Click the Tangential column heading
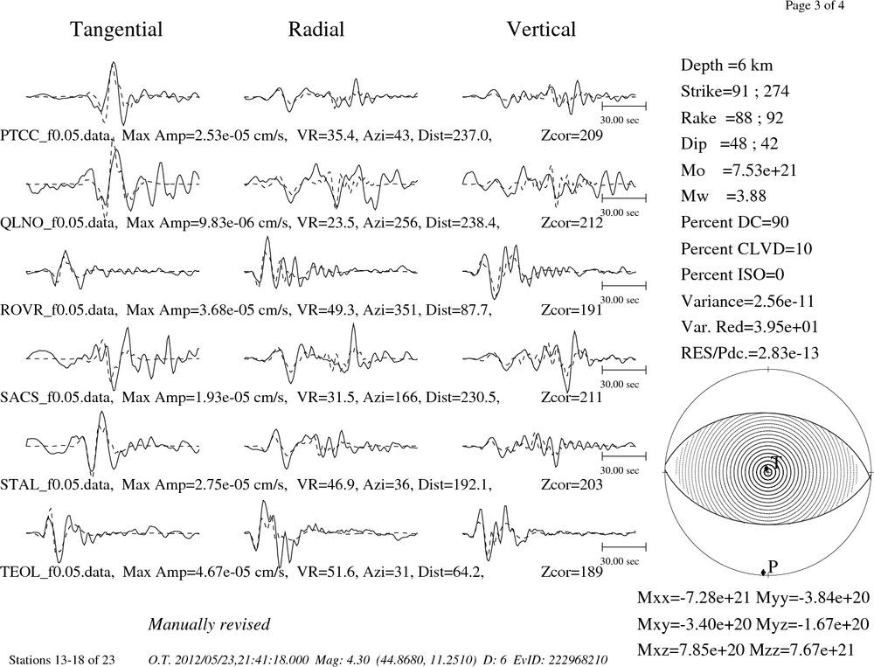pos(116,30)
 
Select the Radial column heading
pos(316,29)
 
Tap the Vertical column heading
pos(541,29)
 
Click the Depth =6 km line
pos(726,66)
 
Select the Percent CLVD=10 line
pos(746,249)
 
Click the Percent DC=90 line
pos(734,222)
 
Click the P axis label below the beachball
pos(773,566)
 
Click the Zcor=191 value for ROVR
pos(572,309)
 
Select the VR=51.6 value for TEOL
pos(325,572)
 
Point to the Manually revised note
pos(209,624)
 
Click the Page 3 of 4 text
pos(815,5)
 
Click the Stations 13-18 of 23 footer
pos(62,660)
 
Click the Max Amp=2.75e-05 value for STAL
pos(205,484)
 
